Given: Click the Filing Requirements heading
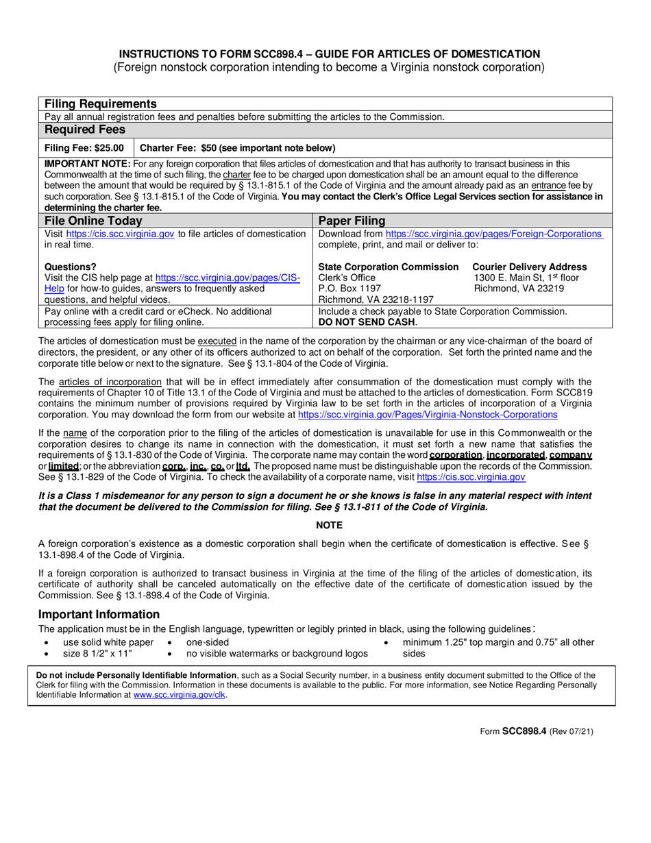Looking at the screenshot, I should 101,104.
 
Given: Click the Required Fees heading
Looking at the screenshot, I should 85,130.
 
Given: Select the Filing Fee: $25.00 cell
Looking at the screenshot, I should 84,148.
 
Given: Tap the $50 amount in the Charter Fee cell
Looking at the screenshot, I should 213,148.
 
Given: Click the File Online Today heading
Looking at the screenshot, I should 93,221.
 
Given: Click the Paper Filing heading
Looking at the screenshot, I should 352,221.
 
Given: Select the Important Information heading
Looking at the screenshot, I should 99,614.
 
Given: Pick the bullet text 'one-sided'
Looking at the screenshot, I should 208,642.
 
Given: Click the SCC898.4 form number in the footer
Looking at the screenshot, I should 524,731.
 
